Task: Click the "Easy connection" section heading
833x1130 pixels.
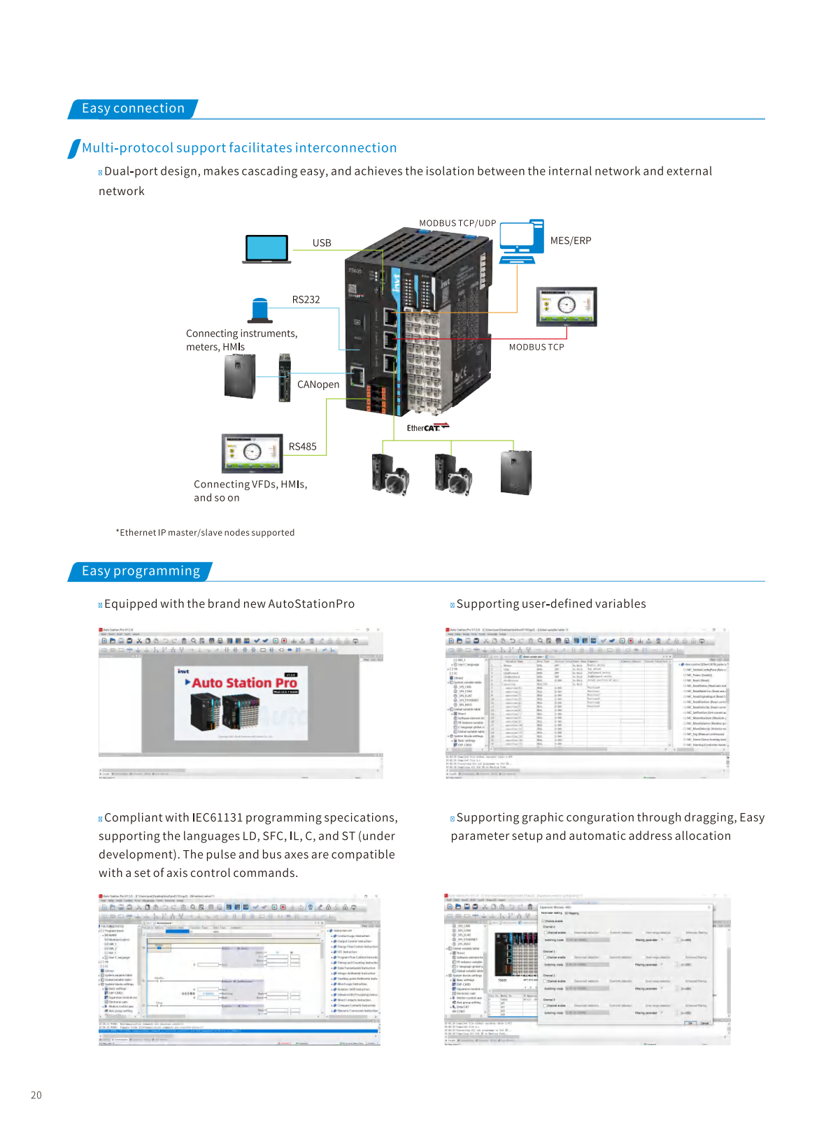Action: point(133,108)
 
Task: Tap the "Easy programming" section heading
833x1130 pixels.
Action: point(141,571)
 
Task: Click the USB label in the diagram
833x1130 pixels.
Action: point(322,243)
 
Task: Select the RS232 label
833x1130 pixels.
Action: point(306,300)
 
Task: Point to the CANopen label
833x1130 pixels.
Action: point(318,385)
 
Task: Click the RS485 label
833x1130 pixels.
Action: point(302,447)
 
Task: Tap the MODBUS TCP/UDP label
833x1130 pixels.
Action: point(457,224)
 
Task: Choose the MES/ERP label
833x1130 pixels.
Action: point(571,241)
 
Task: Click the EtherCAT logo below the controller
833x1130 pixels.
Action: point(427,427)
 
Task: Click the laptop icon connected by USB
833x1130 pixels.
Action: point(266,250)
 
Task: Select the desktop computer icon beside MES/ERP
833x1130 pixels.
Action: point(521,241)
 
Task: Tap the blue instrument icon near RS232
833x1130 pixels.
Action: point(260,310)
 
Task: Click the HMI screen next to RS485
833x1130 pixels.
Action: point(252,453)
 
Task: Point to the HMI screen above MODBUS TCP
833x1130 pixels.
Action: point(567,306)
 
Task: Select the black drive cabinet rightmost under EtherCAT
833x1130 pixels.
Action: point(516,473)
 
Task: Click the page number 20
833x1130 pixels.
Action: point(36,1095)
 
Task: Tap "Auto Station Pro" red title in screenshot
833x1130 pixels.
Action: point(244,683)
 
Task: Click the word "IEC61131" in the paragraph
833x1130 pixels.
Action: point(217,818)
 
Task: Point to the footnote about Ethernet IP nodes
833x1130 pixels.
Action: point(205,533)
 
